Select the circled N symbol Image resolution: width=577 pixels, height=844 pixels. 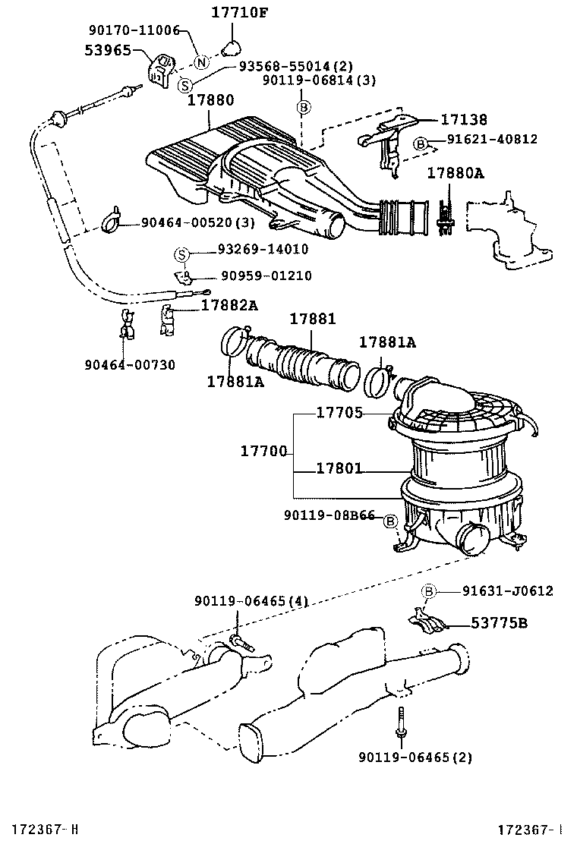[200, 62]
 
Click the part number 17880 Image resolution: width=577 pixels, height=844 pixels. [208, 99]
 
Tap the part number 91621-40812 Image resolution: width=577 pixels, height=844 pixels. [491, 139]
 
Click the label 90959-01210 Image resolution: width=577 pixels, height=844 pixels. [245, 276]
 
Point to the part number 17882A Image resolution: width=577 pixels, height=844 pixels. [229, 305]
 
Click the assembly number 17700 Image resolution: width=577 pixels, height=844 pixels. [263, 452]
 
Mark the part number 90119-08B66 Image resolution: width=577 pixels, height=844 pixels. [329, 516]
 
